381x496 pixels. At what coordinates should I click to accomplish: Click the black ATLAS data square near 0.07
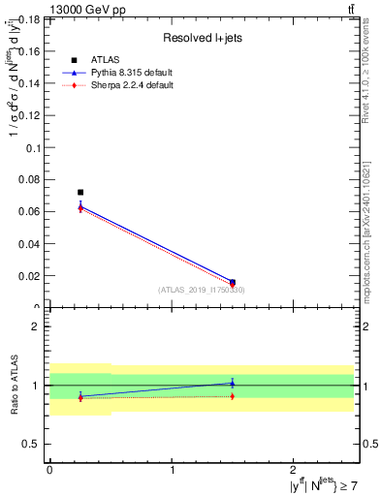point(80,192)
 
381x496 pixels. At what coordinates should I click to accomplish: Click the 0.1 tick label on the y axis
point(34,148)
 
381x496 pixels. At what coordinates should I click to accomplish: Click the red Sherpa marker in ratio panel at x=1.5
point(232,396)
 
